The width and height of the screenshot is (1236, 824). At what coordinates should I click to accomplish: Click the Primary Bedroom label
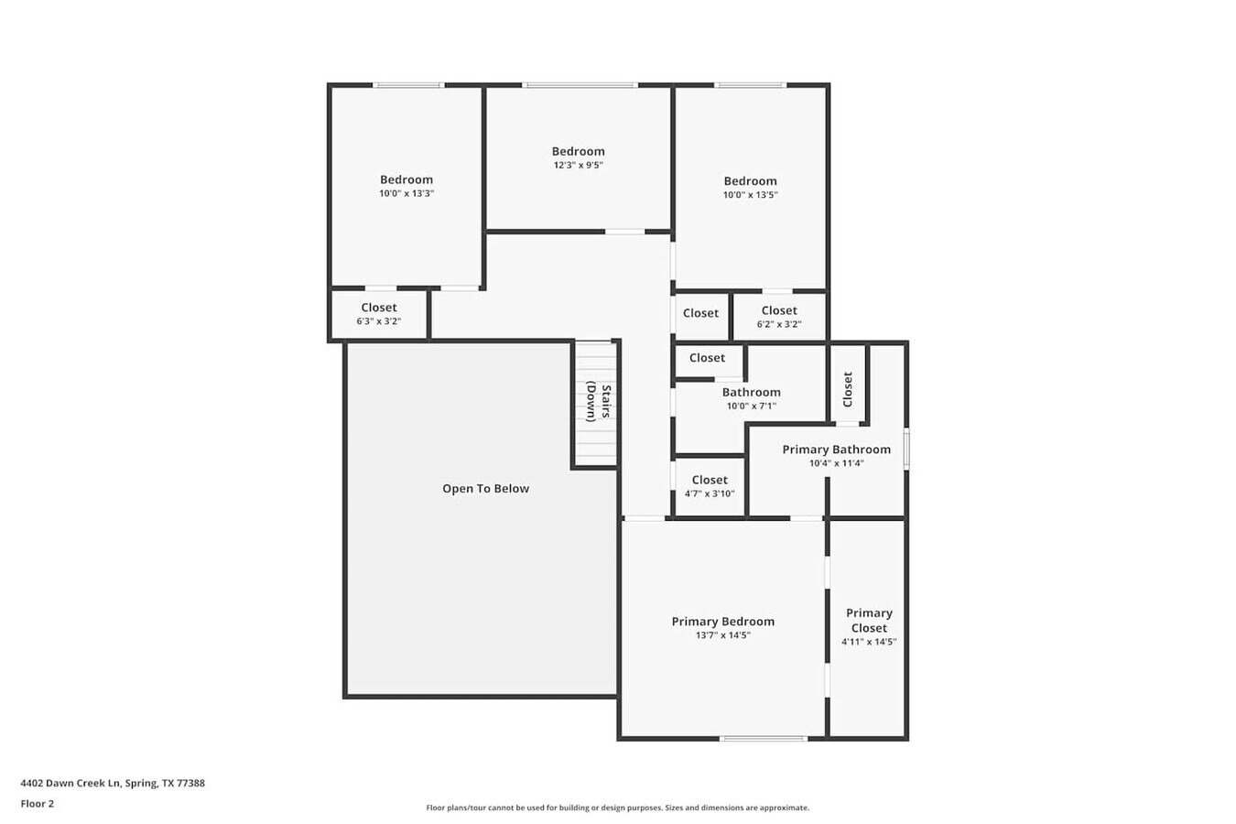click(x=722, y=622)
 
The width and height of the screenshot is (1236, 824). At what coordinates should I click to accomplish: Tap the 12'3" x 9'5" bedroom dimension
click(x=578, y=166)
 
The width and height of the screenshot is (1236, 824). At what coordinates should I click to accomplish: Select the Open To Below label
click(x=485, y=489)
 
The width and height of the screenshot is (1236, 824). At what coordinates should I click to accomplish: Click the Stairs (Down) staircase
click(x=596, y=403)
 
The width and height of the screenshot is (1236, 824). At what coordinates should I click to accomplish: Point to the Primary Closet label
click(x=868, y=621)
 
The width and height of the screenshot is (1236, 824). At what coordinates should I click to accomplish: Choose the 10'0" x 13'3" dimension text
click(x=407, y=194)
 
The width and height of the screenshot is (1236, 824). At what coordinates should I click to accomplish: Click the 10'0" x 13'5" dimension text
click(x=750, y=195)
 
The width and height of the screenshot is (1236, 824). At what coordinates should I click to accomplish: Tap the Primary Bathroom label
click(x=836, y=450)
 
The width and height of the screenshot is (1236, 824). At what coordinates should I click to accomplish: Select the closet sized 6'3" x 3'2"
click(x=378, y=314)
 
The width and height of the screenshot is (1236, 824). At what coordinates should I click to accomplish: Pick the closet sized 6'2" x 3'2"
click(x=779, y=317)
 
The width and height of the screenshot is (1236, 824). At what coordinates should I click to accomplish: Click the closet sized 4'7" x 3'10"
click(x=710, y=486)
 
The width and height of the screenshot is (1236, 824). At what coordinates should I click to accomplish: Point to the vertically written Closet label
click(x=848, y=389)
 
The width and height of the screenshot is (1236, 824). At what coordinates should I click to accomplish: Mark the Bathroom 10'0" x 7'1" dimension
click(x=751, y=406)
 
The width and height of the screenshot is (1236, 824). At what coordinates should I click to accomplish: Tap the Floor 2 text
click(x=38, y=804)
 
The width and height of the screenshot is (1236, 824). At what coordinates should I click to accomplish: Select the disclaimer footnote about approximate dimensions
click(x=617, y=808)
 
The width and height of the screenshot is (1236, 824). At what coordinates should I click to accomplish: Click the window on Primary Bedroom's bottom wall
click(x=763, y=738)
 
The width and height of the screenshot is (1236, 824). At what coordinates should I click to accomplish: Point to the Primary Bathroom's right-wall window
click(x=906, y=450)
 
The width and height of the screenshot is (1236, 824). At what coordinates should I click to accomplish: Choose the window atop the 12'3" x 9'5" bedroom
click(x=580, y=85)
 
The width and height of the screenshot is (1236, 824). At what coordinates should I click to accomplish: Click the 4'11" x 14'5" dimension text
click(x=868, y=642)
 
